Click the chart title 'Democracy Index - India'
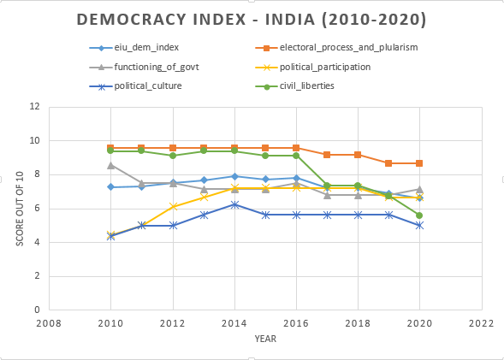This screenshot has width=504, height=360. (x=252, y=19)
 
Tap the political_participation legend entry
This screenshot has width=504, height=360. (x=323, y=67)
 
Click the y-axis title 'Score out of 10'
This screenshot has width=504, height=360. (x=20, y=208)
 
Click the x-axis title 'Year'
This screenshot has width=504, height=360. (x=264, y=339)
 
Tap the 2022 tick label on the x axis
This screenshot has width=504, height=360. (x=481, y=324)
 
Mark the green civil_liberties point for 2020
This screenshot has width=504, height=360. (x=418, y=215)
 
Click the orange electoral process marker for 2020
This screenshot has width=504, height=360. (x=418, y=163)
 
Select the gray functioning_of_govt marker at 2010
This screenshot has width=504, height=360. (x=111, y=165)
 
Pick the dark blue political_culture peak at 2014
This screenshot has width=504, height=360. (x=234, y=204)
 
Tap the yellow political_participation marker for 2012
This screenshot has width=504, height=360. (x=173, y=206)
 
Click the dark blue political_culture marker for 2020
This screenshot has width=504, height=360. (x=418, y=226)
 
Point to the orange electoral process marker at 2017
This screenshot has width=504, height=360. (x=327, y=155)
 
